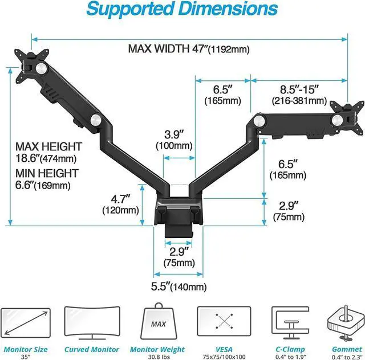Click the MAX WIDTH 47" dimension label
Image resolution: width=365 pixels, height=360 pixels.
(189, 49)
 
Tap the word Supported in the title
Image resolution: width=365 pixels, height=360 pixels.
(130, 9)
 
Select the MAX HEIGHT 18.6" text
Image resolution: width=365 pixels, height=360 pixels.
(48, 152)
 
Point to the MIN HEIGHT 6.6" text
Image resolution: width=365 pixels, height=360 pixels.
(47, 179)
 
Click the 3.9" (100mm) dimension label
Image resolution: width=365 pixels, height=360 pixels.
(174, 140)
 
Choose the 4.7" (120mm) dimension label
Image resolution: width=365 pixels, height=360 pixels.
(120, 204)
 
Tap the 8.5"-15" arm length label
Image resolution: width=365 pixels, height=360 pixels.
(299, 95)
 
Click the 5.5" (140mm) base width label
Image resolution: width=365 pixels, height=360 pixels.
(179, 287)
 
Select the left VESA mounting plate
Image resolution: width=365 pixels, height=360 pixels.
(31, 66)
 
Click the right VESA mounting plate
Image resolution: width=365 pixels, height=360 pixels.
(347, 118)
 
